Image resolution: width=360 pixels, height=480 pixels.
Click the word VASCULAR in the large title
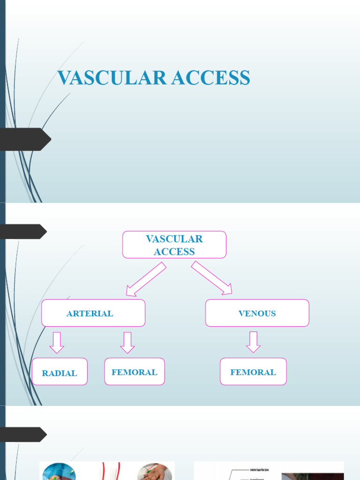tap(112, 78)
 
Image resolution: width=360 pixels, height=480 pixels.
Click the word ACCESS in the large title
tap(210, 78)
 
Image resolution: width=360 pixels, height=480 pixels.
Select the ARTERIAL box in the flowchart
tap(93, 313)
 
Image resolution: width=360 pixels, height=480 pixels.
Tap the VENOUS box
tap(257, 313)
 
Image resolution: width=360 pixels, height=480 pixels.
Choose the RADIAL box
tap(60, 372)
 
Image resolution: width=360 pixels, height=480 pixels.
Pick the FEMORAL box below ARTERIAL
tap(135, 372)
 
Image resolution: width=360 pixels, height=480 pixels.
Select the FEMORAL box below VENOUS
tap(253, 372)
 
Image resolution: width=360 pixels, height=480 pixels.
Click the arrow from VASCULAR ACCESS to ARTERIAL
tap(145, 279)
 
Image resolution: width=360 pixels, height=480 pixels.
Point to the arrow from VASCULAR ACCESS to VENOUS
tap(212, 278)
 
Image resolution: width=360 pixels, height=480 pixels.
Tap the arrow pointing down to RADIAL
tap(57, 342)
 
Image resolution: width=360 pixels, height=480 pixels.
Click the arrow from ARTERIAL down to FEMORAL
tap(127, 342)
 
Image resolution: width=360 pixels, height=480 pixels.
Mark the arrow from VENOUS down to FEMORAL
tap(253, 342)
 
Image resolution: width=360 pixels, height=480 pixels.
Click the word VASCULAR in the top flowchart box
tap(174, 239)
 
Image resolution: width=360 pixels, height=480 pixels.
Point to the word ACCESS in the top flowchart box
tap(174, 252)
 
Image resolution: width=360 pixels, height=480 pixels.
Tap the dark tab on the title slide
tap(26, 139)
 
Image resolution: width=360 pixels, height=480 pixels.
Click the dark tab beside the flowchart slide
tap(23, 232)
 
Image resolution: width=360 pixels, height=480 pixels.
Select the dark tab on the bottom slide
tap(23, 435)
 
